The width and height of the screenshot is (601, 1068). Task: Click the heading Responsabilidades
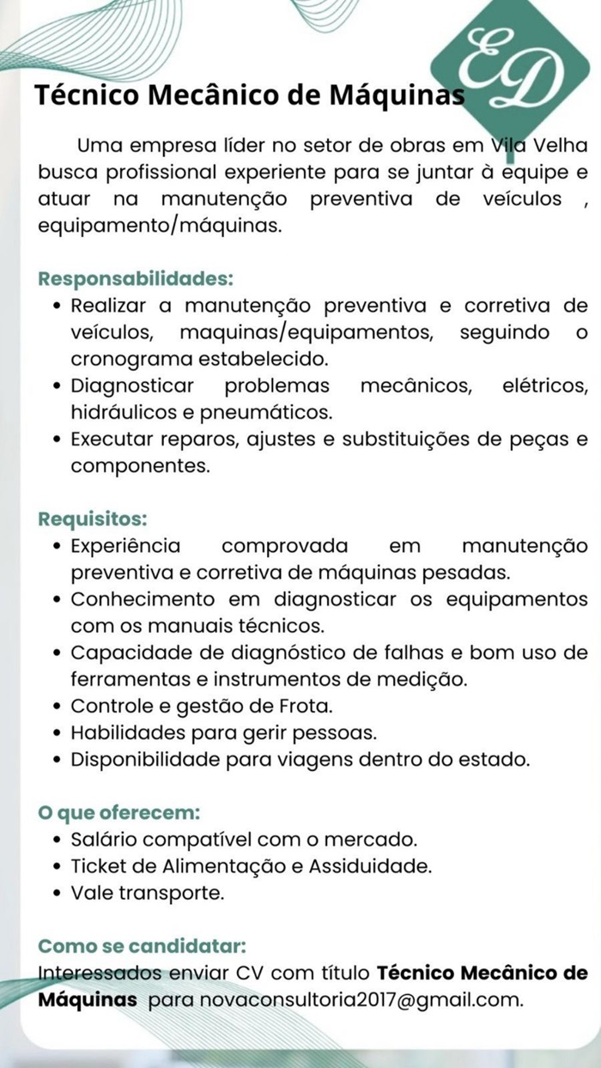coord(135,279)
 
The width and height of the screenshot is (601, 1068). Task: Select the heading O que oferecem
coord(119,811)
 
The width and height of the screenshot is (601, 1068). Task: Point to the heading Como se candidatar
coord(143,947)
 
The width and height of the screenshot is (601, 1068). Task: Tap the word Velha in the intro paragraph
coord(562,143)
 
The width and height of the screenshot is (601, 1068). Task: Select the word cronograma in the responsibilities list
coord(130,356)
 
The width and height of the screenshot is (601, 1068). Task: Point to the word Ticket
coord(99,865)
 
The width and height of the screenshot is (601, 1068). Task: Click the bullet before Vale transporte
coord(57,893)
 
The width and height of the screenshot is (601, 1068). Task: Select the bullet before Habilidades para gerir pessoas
coord(57,734)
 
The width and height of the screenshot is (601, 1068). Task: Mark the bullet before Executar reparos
coord(57,440)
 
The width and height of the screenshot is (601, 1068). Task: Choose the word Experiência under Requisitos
coord(125,545)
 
